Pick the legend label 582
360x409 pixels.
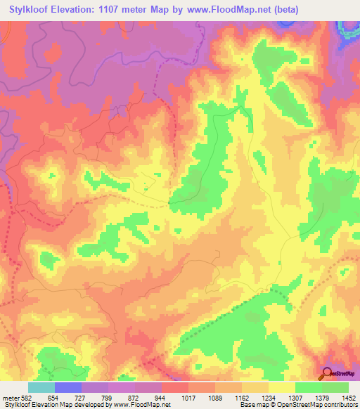[x=25, y=398]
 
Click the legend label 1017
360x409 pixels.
[x=188, y=398]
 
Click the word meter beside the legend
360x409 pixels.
[x=10, y=398]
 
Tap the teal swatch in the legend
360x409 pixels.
[x=41, y=387]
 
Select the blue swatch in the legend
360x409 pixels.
[x=68, y=387]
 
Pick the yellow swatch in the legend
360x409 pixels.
[x=281, y=387]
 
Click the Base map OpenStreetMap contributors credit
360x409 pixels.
[x=299, y=405]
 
